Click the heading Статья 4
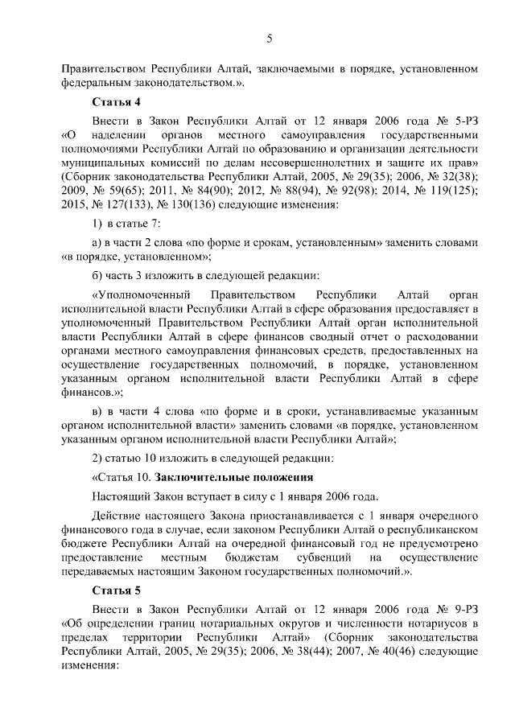pyautogui.click(x=116, y=102)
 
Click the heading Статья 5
pyautogui.click(x=116, y=590)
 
